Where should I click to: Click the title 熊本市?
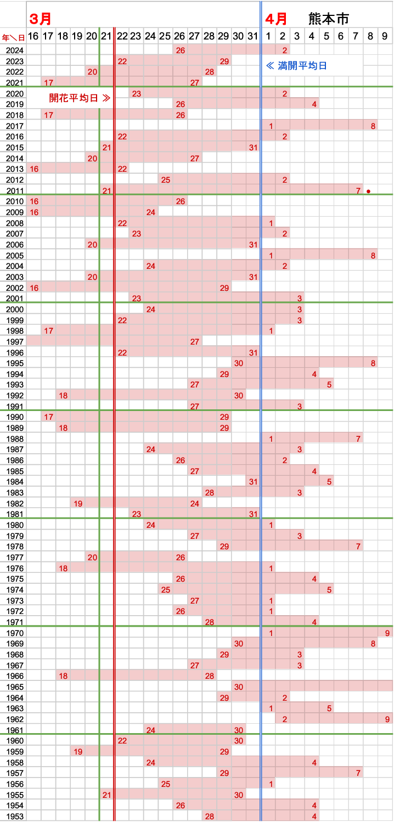click(x=329, y=19)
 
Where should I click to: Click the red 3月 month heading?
click(x=41, y=19)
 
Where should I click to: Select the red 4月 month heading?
click(x=276, y=19)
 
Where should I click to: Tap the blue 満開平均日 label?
click(x=296, y=66)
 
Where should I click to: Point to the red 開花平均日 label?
click(x=80, y=98)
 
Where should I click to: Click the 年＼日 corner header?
click(x=13, y=37)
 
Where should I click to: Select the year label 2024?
click(x=14, y=50)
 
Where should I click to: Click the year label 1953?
click(x=14, y=816)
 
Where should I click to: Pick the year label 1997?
click(x=14, y=342)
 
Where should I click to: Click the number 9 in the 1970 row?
click(x=387, y=633)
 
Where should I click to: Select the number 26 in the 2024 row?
click(x=180, y=50)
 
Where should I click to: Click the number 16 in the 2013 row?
click(x=34, y=169)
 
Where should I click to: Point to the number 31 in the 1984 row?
click(x=253, y=482)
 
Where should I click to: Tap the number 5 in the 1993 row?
click(x=329, y=385)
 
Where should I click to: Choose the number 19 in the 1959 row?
click(x=78, y=752)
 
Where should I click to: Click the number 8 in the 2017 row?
click(x=373, y=126)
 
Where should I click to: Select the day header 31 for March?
click(x=252, y=36)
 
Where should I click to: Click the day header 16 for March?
click(x=33, y=36)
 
